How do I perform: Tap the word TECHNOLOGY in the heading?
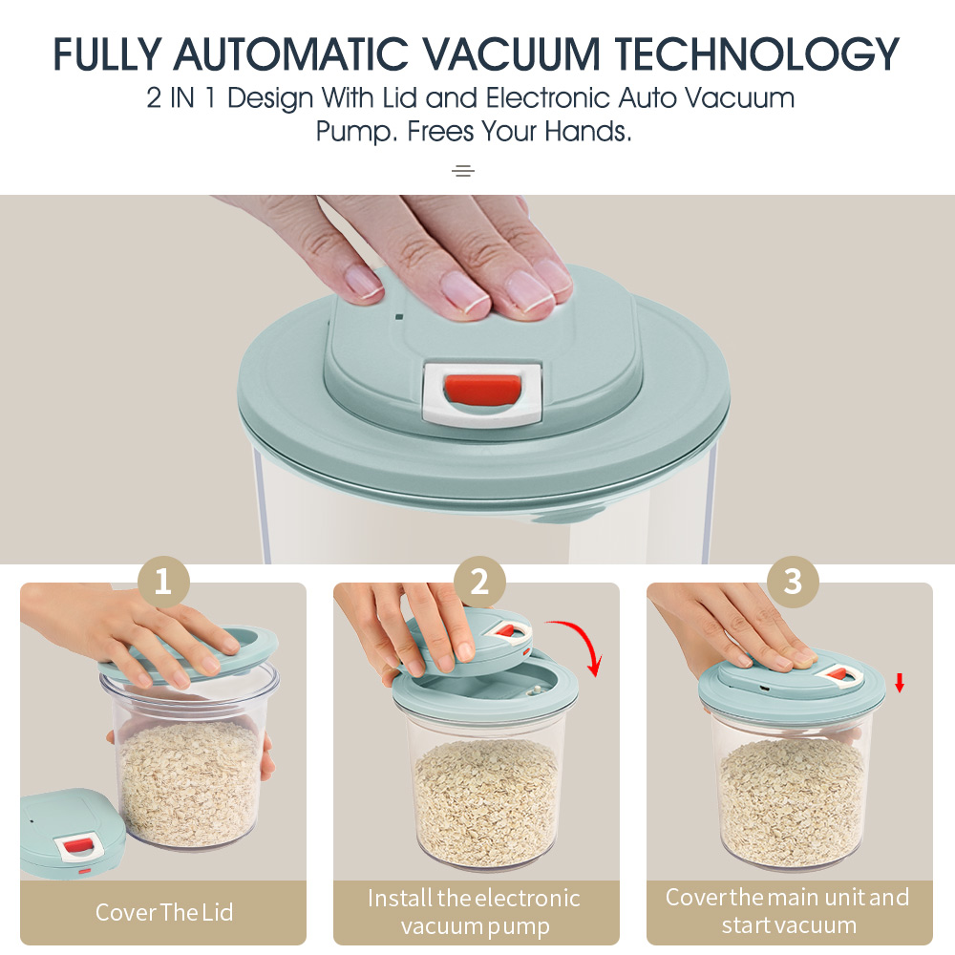[756, 53]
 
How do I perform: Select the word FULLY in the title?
[107, 53]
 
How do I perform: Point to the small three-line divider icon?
[463, 171]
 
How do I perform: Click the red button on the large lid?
[482, 390]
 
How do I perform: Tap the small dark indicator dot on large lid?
[399, 317]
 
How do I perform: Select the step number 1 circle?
[163, 582]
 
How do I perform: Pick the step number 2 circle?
[479, 582]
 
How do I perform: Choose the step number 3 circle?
[793, 582]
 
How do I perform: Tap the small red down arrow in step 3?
[899, 683]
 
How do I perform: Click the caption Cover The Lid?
[164, 912]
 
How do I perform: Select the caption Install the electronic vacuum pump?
[475, 912]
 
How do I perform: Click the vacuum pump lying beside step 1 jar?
[72, 833]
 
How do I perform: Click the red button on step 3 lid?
[839, 675]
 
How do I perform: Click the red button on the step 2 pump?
[505, 630]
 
